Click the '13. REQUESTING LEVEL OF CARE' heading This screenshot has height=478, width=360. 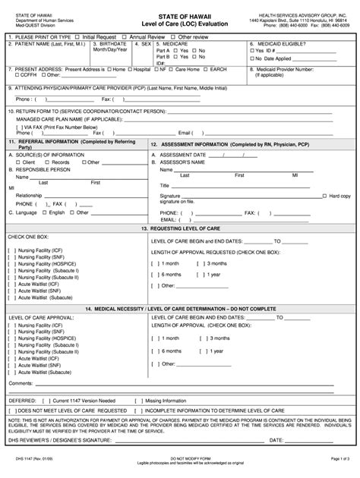[180, 228]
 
